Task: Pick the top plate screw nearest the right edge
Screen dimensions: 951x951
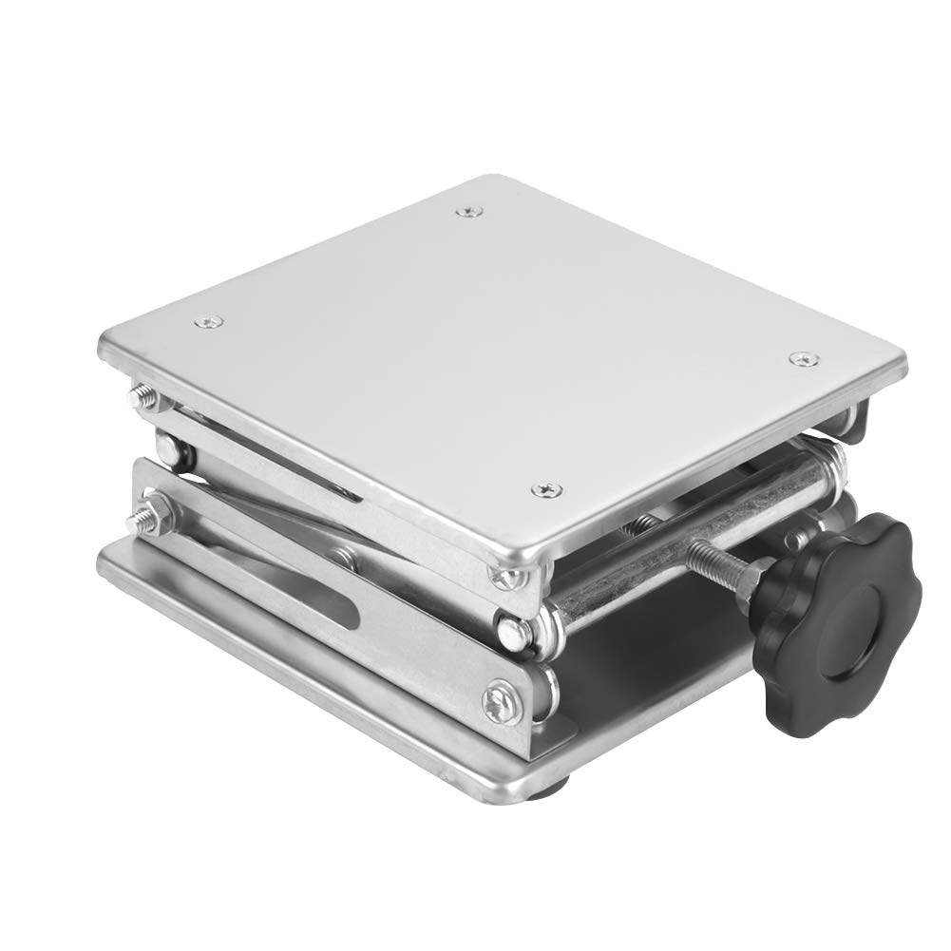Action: (x=804, y=359)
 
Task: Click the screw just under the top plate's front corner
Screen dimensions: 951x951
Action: (x=502, y=575)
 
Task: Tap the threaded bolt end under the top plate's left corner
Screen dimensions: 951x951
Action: (x=145, y=394)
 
